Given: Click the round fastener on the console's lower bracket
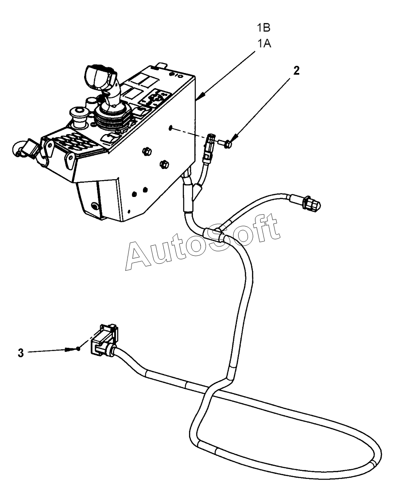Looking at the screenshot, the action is click(94, 206).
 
